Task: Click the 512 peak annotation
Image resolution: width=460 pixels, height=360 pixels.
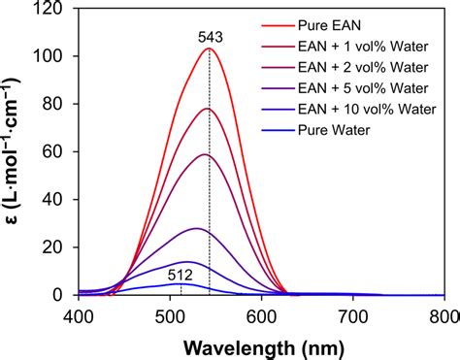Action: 181,274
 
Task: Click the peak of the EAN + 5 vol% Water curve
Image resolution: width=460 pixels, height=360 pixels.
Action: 197,228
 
